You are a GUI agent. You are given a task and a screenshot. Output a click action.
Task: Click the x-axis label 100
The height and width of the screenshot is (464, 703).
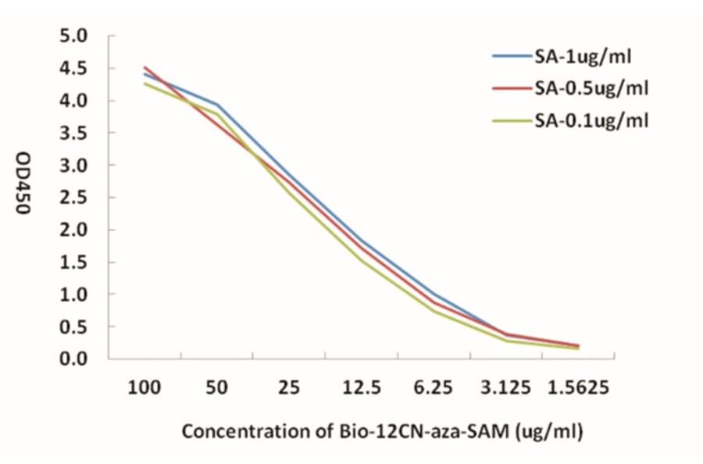[x=145, y=387]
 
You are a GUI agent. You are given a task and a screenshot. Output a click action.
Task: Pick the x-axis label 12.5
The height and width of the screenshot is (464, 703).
[x=362, y=387]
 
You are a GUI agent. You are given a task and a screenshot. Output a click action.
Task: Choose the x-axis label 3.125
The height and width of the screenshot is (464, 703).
[x=506, y=387]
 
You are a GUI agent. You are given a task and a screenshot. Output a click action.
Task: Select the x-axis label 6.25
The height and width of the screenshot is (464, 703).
[x=434, y=387]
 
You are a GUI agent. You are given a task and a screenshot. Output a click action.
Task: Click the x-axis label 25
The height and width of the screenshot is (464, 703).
[x=289, y=387]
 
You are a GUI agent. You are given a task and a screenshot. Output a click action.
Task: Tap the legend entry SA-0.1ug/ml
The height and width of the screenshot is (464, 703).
[x=591, y=120]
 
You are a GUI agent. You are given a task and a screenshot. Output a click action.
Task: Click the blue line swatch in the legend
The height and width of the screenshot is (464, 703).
[x=512, y=56]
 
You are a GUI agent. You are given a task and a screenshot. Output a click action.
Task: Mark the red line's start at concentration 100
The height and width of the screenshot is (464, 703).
[x=145, y=67]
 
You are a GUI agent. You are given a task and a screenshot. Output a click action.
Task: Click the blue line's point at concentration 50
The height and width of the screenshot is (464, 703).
[x=216, y=105]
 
